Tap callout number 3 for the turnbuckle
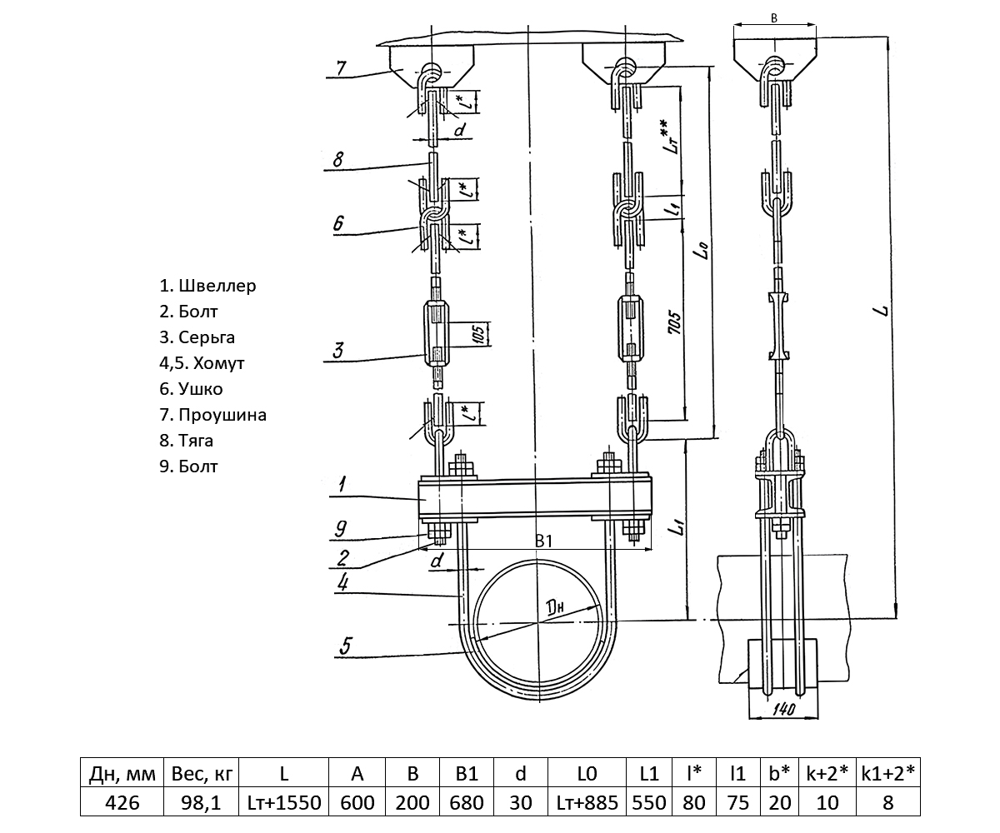click(337, 350)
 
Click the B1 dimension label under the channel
click(543, 542)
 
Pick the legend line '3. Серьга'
click(197, 337)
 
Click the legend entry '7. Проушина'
click(212, 414)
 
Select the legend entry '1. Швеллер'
click(207, 286)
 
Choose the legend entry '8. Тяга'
click(187, 440)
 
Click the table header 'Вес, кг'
click(200, 774)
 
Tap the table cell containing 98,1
click(200, 803)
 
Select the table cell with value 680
click(467, 803)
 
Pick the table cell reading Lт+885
click(587, 803)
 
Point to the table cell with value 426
click(121, 803)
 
